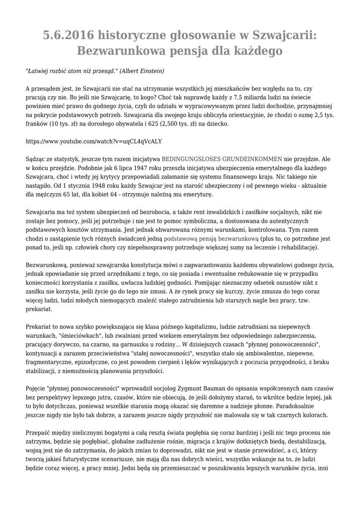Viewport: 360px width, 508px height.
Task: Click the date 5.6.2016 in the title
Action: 68,36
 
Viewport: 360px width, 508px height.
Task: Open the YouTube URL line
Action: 93,141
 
